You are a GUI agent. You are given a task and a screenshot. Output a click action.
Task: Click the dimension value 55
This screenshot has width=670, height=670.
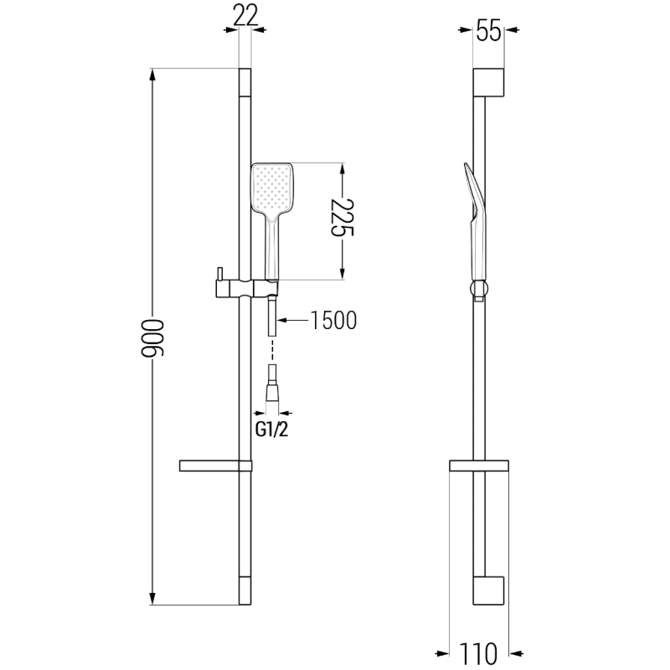[x=488, y=31]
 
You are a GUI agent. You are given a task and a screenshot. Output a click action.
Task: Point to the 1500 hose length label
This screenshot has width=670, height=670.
[x=333, y=320]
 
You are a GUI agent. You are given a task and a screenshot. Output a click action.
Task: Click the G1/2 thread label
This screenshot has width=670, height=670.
[x=272, y=430]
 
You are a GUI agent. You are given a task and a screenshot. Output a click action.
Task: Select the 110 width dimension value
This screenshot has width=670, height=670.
[x=479, y=652]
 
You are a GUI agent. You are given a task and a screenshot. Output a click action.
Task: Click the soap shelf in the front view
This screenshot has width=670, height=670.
[x=215, y=466]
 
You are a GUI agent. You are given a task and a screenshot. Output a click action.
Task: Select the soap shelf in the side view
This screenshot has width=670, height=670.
[x=478, y=466]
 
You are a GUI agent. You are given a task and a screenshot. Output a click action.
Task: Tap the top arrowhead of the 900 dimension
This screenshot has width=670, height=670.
[x=152, y=75]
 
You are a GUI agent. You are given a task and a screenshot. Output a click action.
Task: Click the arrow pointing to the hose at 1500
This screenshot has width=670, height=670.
[x=282, y=320]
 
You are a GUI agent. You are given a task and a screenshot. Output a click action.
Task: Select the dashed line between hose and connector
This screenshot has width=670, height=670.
[x=272, y=351]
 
